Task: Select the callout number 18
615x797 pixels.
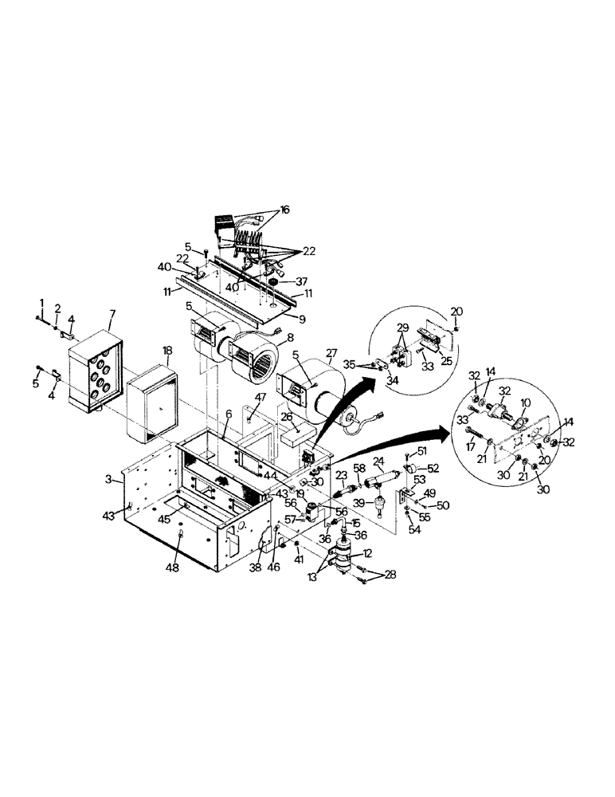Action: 167,350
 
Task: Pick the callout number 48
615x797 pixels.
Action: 172,567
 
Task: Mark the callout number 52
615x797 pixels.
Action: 433,468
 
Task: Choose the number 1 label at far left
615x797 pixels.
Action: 41,300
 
